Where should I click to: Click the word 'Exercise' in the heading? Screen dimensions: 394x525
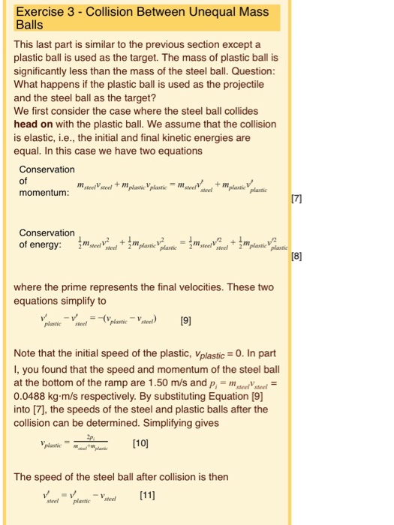tap(41, 11)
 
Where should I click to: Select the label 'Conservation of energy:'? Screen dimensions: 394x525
tap(47, 238)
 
